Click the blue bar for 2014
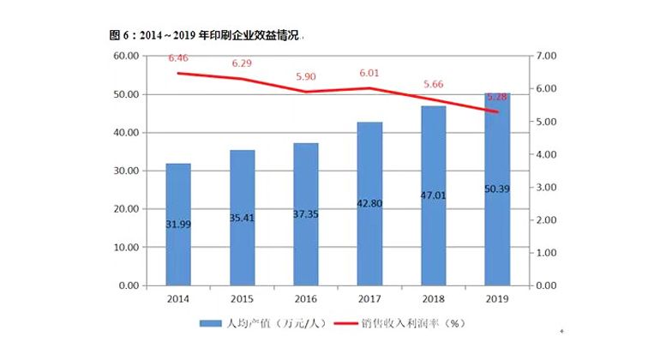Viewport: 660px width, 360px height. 178,224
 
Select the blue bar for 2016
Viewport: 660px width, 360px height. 306,214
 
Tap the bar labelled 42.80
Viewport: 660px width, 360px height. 369,203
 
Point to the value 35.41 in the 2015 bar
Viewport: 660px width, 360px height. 243,218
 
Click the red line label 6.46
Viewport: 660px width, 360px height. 178,58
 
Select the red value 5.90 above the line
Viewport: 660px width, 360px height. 306,76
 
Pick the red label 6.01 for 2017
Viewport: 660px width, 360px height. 369,73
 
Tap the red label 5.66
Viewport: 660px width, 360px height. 433,84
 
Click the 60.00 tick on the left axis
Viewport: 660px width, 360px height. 127,56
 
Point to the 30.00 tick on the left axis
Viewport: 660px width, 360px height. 127,171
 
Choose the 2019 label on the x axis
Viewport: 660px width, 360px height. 496,298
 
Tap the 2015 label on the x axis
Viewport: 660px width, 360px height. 243,298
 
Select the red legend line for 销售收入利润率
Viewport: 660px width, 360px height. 344,324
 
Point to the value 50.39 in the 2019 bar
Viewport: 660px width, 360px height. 496,189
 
